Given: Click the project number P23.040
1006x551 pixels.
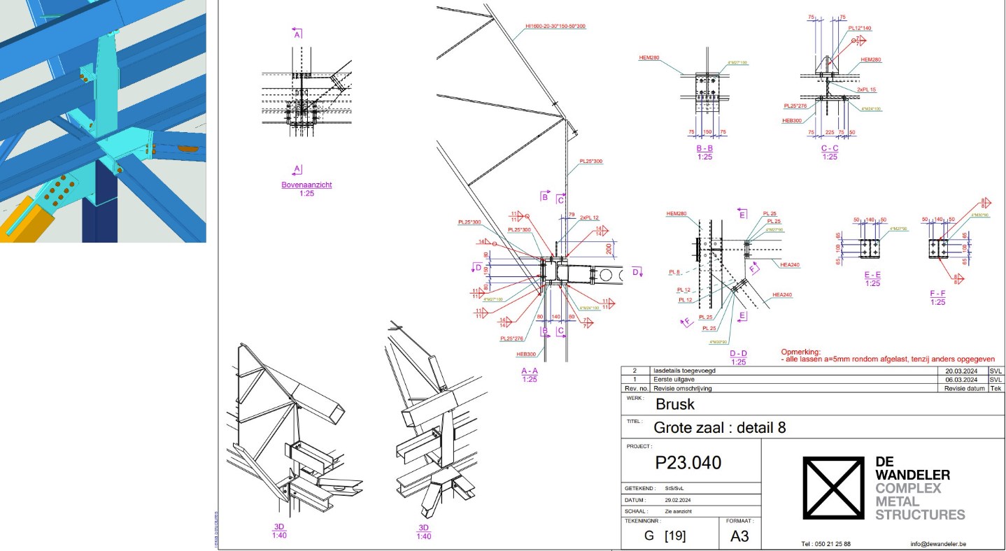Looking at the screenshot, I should pos(688,463).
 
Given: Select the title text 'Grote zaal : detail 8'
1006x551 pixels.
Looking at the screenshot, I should pos(720,427).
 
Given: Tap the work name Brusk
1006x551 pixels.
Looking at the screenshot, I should pos(675,404).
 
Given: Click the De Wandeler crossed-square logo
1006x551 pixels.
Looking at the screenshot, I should pos(833,489).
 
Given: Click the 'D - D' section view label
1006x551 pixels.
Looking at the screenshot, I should pos(737,354).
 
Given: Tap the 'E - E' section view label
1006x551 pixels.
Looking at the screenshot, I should pos(872,275).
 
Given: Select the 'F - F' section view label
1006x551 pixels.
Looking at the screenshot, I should pos(937,294).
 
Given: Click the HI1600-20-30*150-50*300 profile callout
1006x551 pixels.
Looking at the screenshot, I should pos(555,27).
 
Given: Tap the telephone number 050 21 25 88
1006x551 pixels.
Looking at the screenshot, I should pos(826,543).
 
